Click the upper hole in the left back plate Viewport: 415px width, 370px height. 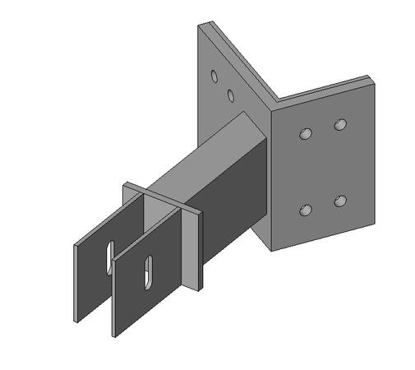pos(214,77)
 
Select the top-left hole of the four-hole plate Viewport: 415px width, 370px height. pos(306,132)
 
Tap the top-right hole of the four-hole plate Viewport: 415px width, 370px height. pos(340,125)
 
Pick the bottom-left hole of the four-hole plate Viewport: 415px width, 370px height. pos(306,210)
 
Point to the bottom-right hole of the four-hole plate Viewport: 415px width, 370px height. pos(339,200)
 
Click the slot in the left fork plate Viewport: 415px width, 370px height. pos(108,256)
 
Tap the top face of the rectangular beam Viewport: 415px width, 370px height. pos(210,156)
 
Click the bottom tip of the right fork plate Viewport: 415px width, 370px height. pos(115,335)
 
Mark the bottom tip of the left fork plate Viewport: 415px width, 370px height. pos(76,319)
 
